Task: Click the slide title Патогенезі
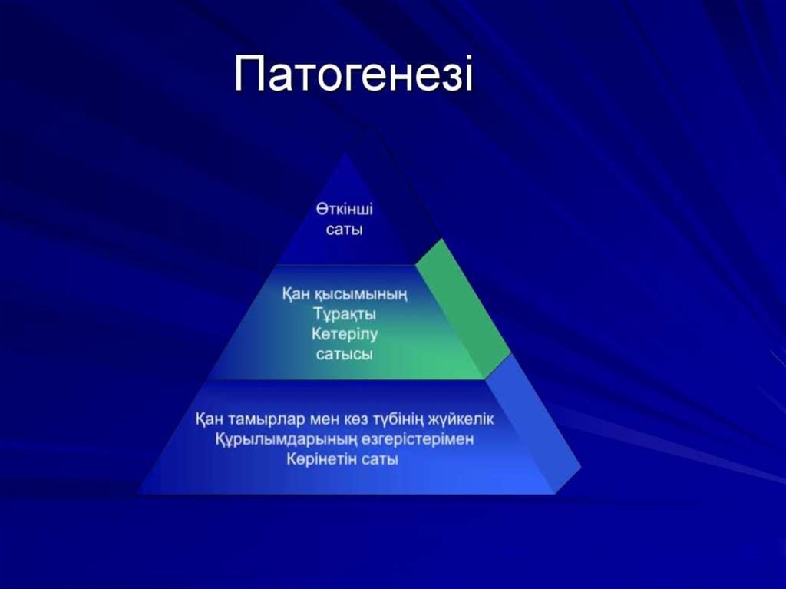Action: pyautogui.click(x=353, y=74)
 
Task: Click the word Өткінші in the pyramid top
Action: pyautogui.click(x=345, y=209)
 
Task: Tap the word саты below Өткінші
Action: pyautogui.click(x=344, y=230)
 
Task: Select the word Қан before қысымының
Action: pyautogui.click(x=296, y=294)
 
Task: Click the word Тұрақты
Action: pyautogui.click(x=345, y=314)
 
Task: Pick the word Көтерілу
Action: pyautogui.click(x=345, y=334)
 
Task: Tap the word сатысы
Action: pyautogui.click(x=345, y=355)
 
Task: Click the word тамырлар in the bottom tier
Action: pyautogui.click(x=266, y=419)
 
